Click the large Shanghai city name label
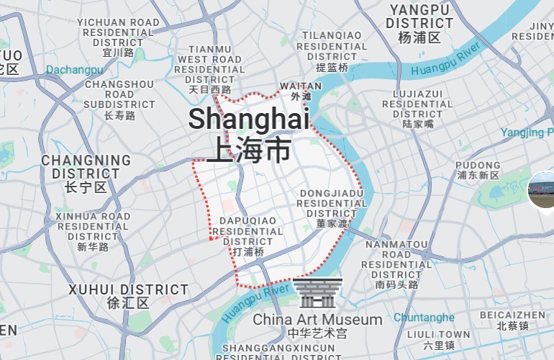[248, 134]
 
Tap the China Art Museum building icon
[317, 293]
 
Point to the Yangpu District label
[419, 23]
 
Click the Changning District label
[86, 174]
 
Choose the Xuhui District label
[128, 296]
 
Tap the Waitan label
[301, 91]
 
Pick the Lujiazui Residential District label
[417, 109]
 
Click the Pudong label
[478, 170]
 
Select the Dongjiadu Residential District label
[332, 208]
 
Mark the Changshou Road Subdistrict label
[119, 99]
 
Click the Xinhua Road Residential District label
[93, 231]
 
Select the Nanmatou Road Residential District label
[396, 264]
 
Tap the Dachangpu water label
[74, 70]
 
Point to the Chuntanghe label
[424, 318]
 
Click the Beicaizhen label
[512, 320]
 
